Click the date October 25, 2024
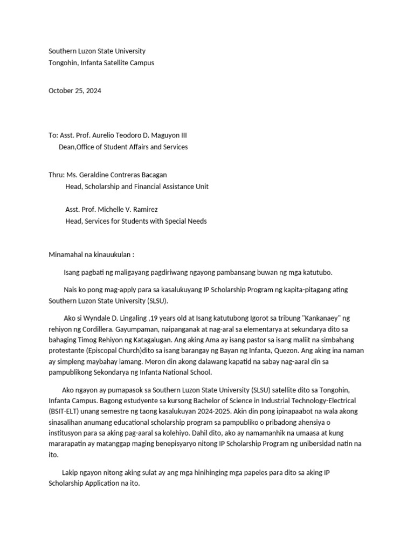pyautogui.click(x=75, y=91)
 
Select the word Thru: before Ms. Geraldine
pyautogui.click(x=56, y=175)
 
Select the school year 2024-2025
pyautogui.click(x=212, y=411)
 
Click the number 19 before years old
pyautogui.click(x=154, y=318)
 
